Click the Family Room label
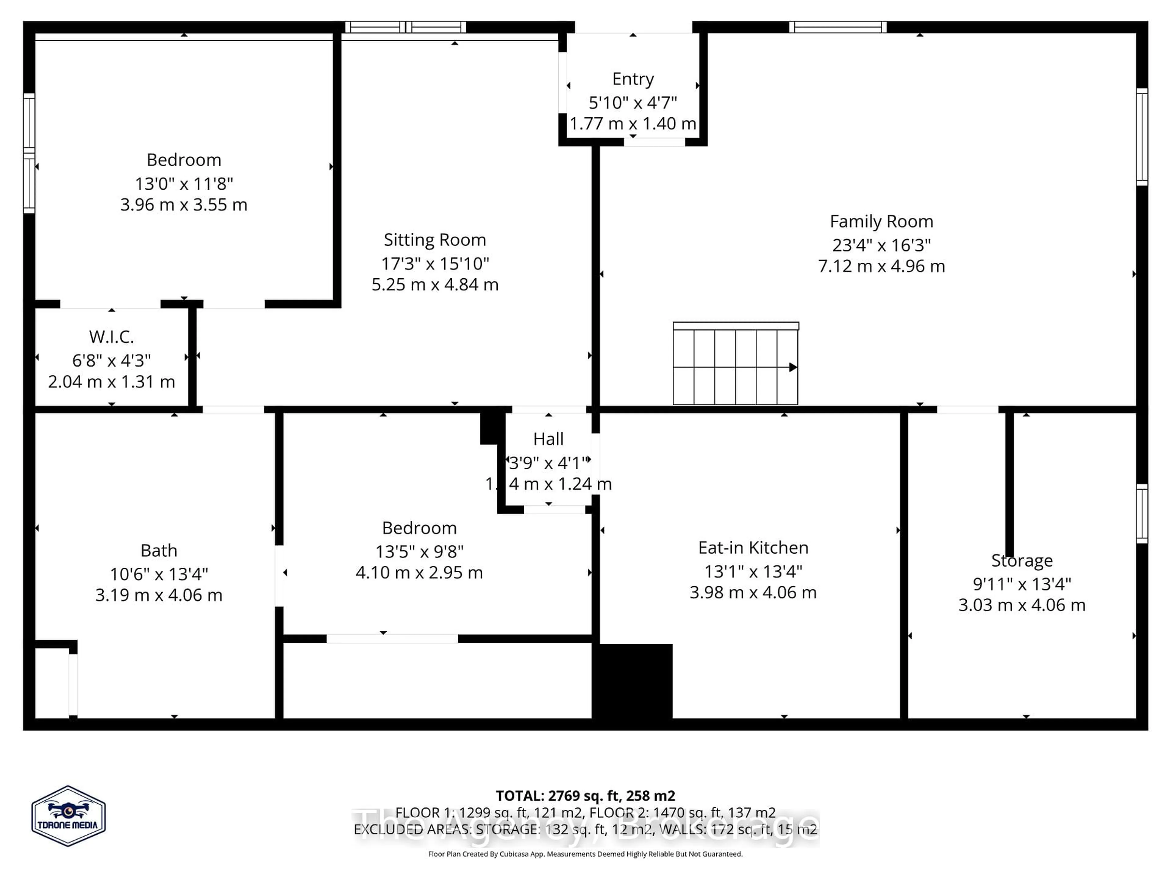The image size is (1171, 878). click(x=881, y=221)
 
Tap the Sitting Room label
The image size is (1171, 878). click(x=435, y=240)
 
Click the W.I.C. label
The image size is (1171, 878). click(x=111, y=337)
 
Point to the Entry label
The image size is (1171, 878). click(x=633, y=79)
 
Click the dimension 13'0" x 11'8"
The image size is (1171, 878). click(x=184, y=184)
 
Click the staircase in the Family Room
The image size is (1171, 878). click(x=735, y=365)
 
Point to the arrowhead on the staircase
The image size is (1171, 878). click(x=793, y=367)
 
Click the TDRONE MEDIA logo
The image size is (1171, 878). click(x=68, y=816)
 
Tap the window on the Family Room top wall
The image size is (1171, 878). click(x=837, y=27)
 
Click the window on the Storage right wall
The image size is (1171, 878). click(x=1142, y=513)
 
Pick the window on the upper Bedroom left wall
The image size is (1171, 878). click(x=29, y=153)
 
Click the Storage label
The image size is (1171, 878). click(x=1021, y=560)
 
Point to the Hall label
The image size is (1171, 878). click(x=548, y=439)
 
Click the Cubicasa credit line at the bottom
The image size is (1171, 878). click(x=585, y=854)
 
